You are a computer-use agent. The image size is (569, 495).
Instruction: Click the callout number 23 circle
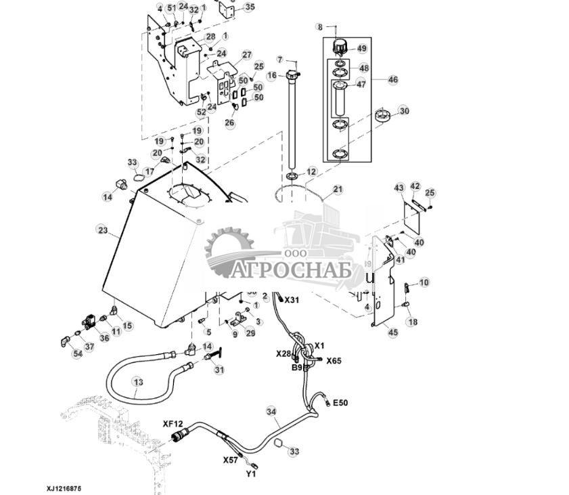102,230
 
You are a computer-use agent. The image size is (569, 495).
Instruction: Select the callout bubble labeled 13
137,383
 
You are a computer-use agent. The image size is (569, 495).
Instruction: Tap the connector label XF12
173,424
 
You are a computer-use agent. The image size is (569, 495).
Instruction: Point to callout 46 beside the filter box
392,80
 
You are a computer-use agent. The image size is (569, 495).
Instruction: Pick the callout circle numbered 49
362,49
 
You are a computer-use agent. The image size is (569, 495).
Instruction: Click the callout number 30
404,111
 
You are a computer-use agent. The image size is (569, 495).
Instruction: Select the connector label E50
340,403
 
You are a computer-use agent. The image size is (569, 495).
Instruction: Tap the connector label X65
334,361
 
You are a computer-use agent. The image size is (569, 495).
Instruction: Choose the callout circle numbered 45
392,331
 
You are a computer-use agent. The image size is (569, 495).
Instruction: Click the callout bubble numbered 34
271,411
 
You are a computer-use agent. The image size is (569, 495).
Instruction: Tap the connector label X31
291,299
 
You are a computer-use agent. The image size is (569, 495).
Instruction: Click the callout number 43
399,188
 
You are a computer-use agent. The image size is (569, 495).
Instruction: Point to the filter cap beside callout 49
339,47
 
